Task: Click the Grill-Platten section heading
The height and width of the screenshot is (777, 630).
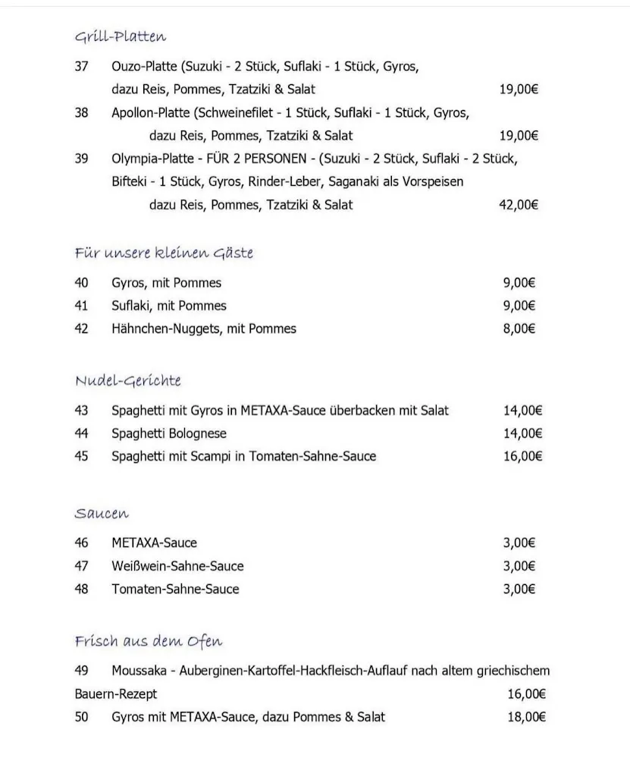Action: pyautogui.click(x=121, y=36)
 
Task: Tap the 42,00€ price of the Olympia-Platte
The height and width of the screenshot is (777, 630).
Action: pyautogui.click(x=519, y=205)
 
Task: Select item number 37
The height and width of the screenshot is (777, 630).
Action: pyautogui.click(x=82, y=67)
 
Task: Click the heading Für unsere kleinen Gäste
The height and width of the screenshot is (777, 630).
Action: pyautogui.click(x=164, y=253)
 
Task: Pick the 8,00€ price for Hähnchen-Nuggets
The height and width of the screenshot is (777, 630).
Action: pyautogui.click(x=519, y=329)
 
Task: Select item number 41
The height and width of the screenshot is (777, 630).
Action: pyautogui.click(x=82, y=306)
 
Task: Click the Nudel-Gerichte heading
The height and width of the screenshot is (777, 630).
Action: pyautogui.click(x=128, y=380)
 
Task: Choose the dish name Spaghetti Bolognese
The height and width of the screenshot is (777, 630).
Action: pyautogui.click(x=169, y=433)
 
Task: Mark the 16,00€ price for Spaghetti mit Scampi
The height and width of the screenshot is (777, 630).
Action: pyautogui.click(x=522, y=456)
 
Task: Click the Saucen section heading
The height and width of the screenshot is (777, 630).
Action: pyautogui.click(x=102, y=514)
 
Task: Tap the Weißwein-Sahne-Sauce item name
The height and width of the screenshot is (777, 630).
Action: pyautogui.click(x=177, y=566)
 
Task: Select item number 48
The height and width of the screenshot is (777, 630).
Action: pyautogui.click(x=82, y=589)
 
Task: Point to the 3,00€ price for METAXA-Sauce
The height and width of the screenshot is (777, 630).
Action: pyautogui.click(x=519, y=543)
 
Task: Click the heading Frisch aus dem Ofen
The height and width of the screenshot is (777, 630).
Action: pyautogui.click(x=149, y=641)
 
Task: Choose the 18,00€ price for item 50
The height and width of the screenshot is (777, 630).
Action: pyautogui.click(x=526, y=716)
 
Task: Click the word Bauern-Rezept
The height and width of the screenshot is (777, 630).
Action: pyautogui.click(x=116, y=694)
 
